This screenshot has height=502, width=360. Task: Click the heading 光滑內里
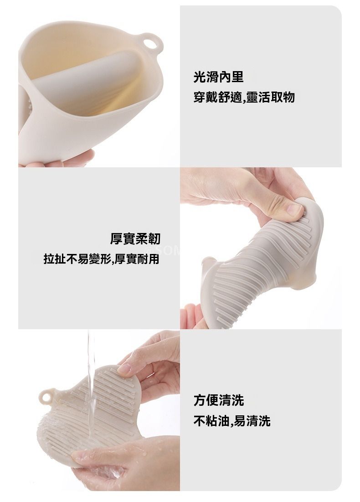click(x=219, y=77)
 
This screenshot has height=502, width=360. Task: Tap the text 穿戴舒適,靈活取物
click(x=244, y=97)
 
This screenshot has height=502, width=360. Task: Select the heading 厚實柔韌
click(x=135, y=238)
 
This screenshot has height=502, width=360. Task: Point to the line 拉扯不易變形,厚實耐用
click(x=102, y=259)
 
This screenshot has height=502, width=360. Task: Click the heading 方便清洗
click(x=219, y=400)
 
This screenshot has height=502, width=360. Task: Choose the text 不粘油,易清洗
click(x=232, y=421)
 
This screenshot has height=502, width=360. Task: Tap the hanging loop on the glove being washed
click(x=46, y=397)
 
